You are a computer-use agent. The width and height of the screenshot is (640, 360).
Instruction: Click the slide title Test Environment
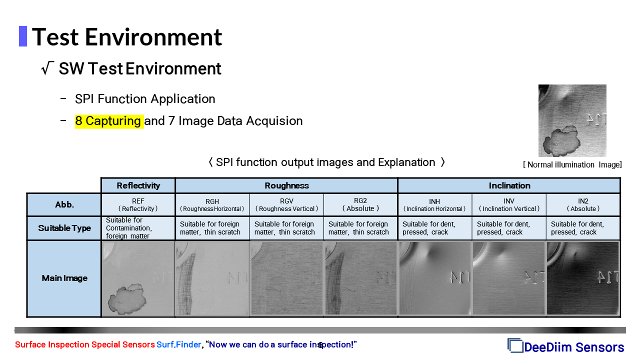point(127,37)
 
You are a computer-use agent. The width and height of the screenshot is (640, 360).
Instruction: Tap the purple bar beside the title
point(23,36)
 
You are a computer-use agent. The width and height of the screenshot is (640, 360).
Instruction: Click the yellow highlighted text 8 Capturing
point(109,121)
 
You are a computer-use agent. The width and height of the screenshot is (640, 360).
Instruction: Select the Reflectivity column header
point(138,185)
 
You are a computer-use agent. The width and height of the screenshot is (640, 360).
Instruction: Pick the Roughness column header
point(286,185)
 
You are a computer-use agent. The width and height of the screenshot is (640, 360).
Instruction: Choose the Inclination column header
point(509,185)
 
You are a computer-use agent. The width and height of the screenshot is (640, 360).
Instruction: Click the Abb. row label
point(64,204)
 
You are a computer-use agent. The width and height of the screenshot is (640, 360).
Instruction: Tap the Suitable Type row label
point(64,228)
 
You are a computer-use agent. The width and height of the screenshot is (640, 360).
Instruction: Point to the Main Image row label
point(64,278)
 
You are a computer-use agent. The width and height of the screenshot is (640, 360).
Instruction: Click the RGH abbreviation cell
point(212,205)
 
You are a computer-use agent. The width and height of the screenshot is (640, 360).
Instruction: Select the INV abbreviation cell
point(509,205)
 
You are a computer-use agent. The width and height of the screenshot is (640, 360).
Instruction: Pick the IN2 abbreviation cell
point(583,205)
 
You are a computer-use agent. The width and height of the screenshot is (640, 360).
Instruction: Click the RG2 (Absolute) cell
point(360,205)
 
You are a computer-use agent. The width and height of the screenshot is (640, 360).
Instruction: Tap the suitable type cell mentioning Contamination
point(138,228)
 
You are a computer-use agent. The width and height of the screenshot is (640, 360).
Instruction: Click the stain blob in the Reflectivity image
point(127,299)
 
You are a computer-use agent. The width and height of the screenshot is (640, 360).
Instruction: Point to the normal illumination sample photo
point(572,120)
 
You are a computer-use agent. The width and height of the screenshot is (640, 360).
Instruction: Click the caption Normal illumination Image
point(572,165)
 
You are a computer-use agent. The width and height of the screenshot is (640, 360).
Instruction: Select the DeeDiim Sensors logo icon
point(515,345)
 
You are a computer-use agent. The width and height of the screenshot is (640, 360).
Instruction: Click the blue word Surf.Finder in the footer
point(179,344)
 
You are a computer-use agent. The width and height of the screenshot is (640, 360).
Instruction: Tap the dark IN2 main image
point(583,278)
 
